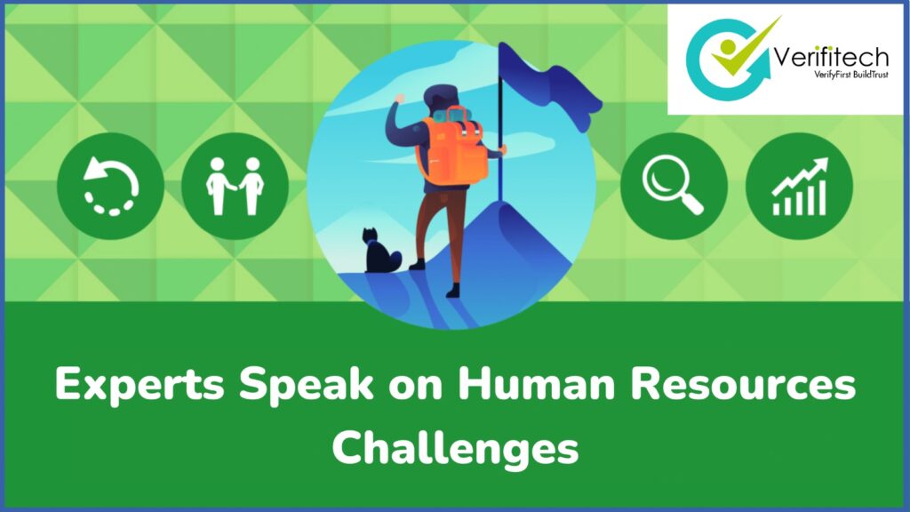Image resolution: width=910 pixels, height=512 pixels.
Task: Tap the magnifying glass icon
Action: tap(673, 187)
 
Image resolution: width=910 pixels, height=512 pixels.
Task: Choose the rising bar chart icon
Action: tap(799, 187)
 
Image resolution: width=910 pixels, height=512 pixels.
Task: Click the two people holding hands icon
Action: tap(235, 187)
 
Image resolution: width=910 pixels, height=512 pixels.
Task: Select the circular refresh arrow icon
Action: tap(110, 187)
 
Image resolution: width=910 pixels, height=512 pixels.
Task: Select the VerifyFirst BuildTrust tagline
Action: tap(832, 76)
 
